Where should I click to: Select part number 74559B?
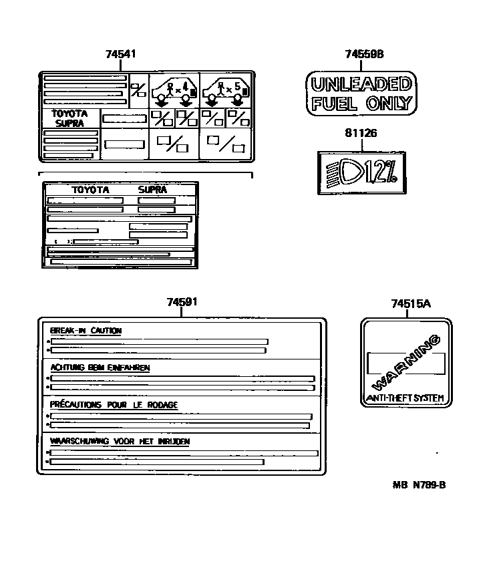click(x=365, y=54)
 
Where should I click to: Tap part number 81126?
click(x=361, y=133)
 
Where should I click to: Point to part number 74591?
click(x=182, y=303)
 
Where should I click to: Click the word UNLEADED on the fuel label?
click(x=361, y=85)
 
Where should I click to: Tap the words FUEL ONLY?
click(x=361, y=104)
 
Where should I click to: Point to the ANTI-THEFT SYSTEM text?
click(x=405, y=398)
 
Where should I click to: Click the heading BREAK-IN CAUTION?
click(x=86, y=331)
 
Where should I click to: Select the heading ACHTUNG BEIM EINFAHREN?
click(x=100, y=368)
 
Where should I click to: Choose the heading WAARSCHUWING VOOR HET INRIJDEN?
click(x=120, y=442)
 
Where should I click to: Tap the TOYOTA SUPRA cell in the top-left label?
click(x=70, y=118)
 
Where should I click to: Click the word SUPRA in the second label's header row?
click(x=152, y=190)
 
